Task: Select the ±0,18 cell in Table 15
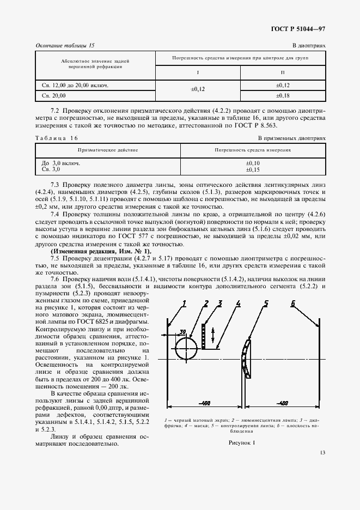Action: (x=283, y=95)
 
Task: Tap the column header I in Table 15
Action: (x=198, y=73)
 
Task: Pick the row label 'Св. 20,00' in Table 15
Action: (x=54, y=95)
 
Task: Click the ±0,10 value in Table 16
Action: (x=253, y=163)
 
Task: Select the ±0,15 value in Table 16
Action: (x=253, y=169)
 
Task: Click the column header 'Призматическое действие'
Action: (x=107, y=149)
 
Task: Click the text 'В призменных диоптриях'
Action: (x=291, y=138)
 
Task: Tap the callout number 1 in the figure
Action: (x=184, y=303)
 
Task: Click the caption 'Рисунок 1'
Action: (x=242, y=442)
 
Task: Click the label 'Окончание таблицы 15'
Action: (x=69, y=46)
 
